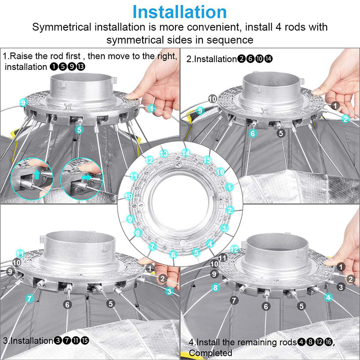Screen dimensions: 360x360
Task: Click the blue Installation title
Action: pyautogui.click(x=180, y=12)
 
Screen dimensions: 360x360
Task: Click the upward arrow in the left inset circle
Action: pyautogui.click(x=37, y=175)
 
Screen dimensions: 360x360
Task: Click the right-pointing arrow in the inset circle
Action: pyautogui.click(x=86, y=177)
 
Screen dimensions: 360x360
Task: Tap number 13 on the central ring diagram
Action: pyautogui.click(x=164, y=154)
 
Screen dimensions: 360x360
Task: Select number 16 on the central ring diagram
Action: pyautogui.click(x=220, y=171)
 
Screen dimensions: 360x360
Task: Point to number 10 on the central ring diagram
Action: pyautogui.click(x=129, y=196)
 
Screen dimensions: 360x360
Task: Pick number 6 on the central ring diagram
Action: pyautogui.click(x=173, y=254)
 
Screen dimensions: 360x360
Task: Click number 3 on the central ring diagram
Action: pyautogui.click(x=224, y=228)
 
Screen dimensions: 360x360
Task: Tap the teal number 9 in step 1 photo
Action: pyautogui.click(x=23, y=103)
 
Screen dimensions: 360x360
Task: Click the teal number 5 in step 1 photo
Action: pyautogui.click(x=79, y=130)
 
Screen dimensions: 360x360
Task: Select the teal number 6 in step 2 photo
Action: pyautogui.click(x=253, y=133)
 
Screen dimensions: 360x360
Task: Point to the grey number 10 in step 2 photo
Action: pyautogui.click(x=212, y=99)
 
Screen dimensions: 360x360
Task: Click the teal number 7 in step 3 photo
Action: pyautogui.click(x=29, y=299)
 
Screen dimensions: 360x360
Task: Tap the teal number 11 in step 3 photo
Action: pyautogui.click(x=20, y=254)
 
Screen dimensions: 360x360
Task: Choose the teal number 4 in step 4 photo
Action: pyautogui.click(x=328, y=297)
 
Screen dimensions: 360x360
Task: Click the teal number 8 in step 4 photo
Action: pyautogui.click(x=216, y=287)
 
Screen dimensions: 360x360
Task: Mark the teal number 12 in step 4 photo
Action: pyautogui.click(x=234, y=249)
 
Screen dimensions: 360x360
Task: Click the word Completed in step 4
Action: pyautogui.click(x=211, y=352)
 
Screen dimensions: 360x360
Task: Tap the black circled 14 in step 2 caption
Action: pyautogui.click(x=268, y=59)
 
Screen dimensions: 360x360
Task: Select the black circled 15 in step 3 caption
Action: pyautogui.click(x=85, y=340)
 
